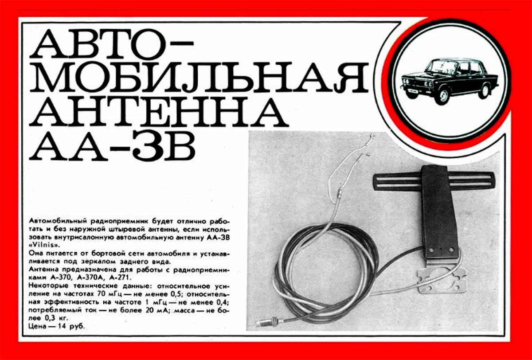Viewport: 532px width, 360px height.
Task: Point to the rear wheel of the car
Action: pos(484,91)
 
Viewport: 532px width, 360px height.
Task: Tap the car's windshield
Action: pos(439,66)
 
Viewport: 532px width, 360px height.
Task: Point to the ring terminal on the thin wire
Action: pos(373,136)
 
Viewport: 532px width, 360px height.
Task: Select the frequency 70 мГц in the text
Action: pos(110,294)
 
